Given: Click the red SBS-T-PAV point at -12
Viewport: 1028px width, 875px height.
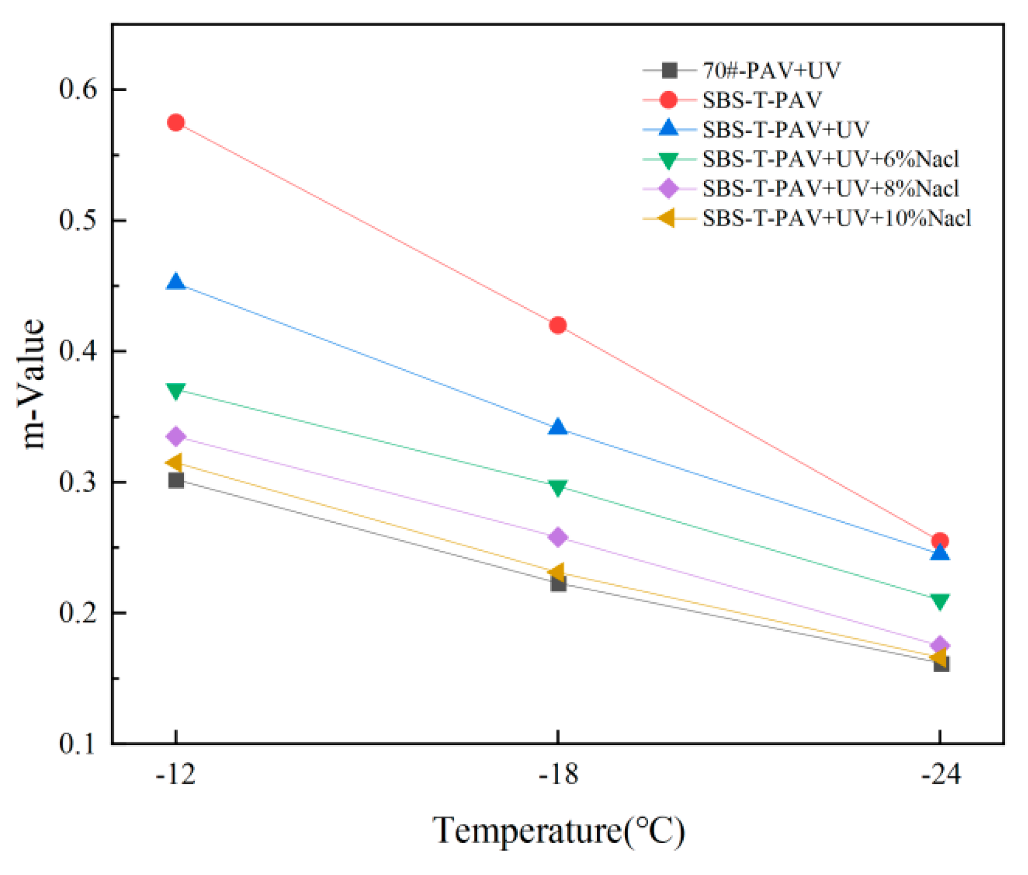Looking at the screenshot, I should click(x=176, y=122).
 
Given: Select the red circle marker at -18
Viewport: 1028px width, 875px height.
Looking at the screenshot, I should click(x=558, y=325).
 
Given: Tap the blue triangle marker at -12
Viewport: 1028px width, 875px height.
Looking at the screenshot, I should click(x=176, y=282).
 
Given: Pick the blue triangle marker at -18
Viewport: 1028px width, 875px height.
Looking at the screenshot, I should click(x=558, y=427).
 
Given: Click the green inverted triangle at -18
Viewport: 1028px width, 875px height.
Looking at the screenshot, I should click(x=558, y=488).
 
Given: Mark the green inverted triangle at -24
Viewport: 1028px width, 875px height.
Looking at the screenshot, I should click(x=940, y=602).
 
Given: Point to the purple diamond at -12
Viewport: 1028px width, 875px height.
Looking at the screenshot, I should click(x=176, y=437).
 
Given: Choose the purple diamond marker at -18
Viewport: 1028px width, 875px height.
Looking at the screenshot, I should click(x=558, y=537).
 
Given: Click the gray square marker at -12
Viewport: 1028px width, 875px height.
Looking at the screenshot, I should click(x=176, y=480).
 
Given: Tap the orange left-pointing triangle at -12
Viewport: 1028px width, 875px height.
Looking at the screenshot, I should click(x=175, y=463).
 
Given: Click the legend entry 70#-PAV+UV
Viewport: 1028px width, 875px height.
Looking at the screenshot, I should click(x=771, y=71).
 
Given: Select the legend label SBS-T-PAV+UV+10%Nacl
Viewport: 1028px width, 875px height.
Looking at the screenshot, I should click(x=836, y=218).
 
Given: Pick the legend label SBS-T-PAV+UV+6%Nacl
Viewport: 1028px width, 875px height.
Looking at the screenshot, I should click(x=830, y=159).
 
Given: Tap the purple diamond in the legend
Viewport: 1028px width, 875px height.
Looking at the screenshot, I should click(x=669, y=189).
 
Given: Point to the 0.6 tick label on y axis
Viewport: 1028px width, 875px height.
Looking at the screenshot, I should click(x=78, y=89).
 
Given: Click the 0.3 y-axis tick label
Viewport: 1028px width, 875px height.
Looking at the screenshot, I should click(x=78, y=483).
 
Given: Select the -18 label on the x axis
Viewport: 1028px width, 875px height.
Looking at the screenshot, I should click(x=558, y=775).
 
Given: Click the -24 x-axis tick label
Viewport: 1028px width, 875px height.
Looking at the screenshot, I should click(x=940, y=775).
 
